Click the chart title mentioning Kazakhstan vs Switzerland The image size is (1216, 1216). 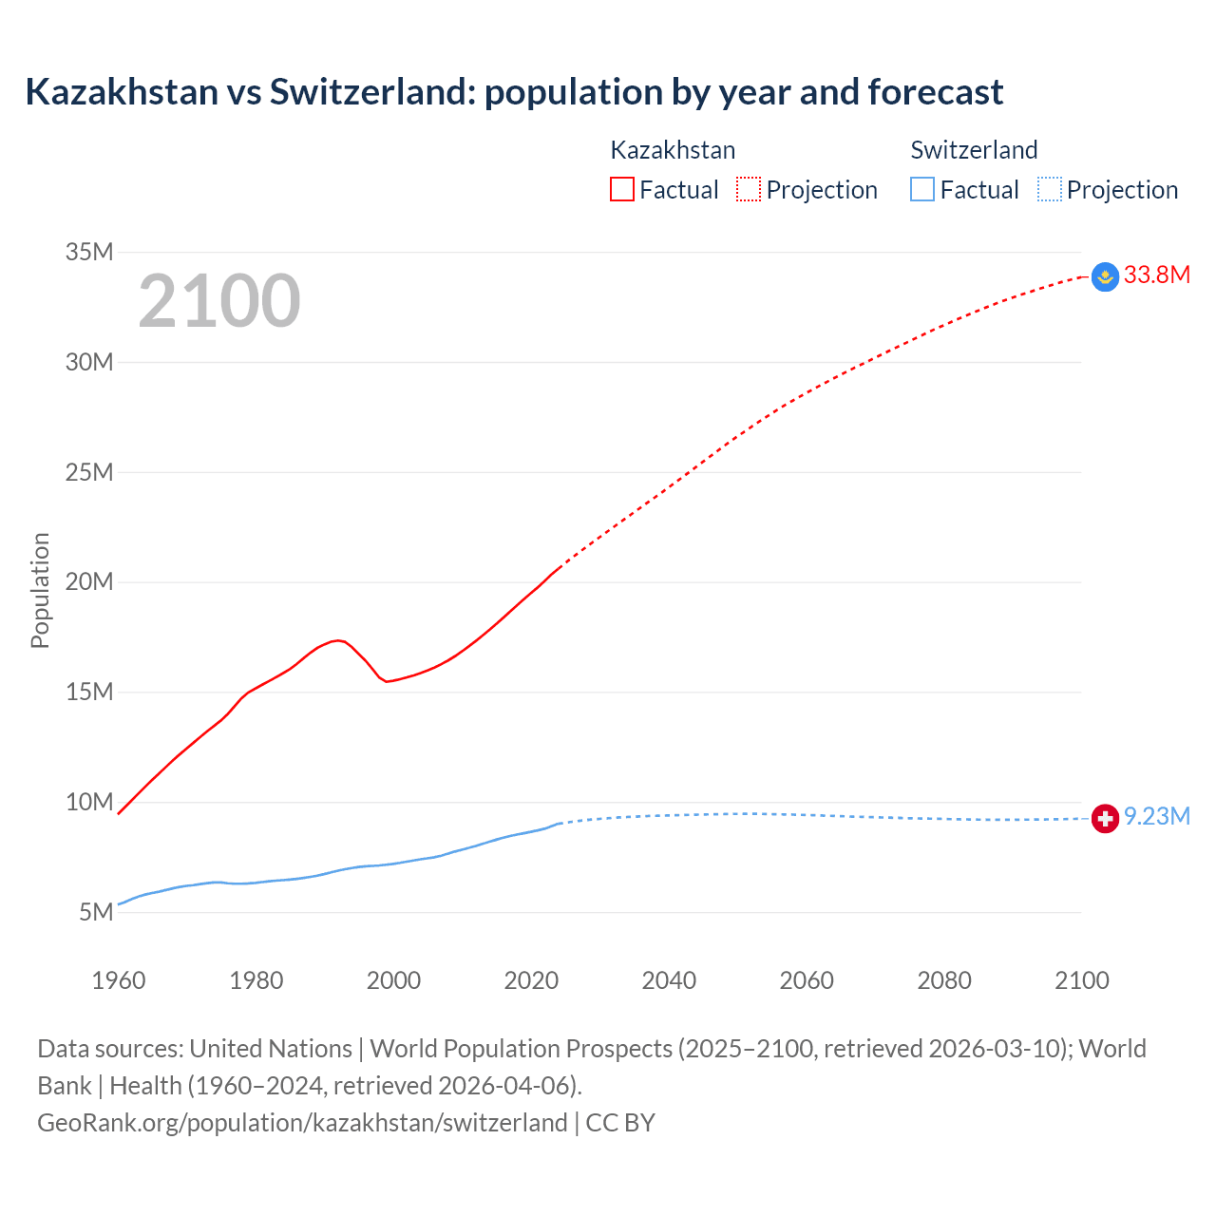[x=514, y=92]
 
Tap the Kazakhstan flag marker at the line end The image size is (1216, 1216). [x=1105, y=276]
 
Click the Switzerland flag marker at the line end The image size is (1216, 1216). [x=1105, y=818]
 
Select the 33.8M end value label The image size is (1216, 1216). [x=1156, y=275]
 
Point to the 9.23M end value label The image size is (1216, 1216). [x=1156, y=817]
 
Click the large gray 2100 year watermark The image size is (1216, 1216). [x=219, y=301]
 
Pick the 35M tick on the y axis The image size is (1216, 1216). [x=89, y=252]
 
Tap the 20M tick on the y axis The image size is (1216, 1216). [x=89, y=581]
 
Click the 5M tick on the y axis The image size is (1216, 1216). [x=96, y=912]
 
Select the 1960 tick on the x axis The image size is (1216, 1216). [x=119, y=980]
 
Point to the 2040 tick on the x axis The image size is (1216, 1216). [x=669, y=980]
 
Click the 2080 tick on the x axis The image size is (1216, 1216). [x=944, y=980]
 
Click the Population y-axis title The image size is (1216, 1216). [x=40, y=590]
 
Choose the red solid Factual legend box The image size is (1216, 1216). [x=622, y=190]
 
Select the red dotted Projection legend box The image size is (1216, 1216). [x=749, y=190]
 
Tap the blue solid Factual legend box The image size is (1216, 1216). [x=922, y=190]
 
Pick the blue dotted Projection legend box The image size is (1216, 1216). [x=1050, y=190]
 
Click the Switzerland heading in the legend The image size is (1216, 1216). [x=974, y=150]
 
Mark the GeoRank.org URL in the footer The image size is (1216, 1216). [x=302, y=1123]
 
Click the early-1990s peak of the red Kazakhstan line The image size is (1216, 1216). [x=337, y=640]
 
